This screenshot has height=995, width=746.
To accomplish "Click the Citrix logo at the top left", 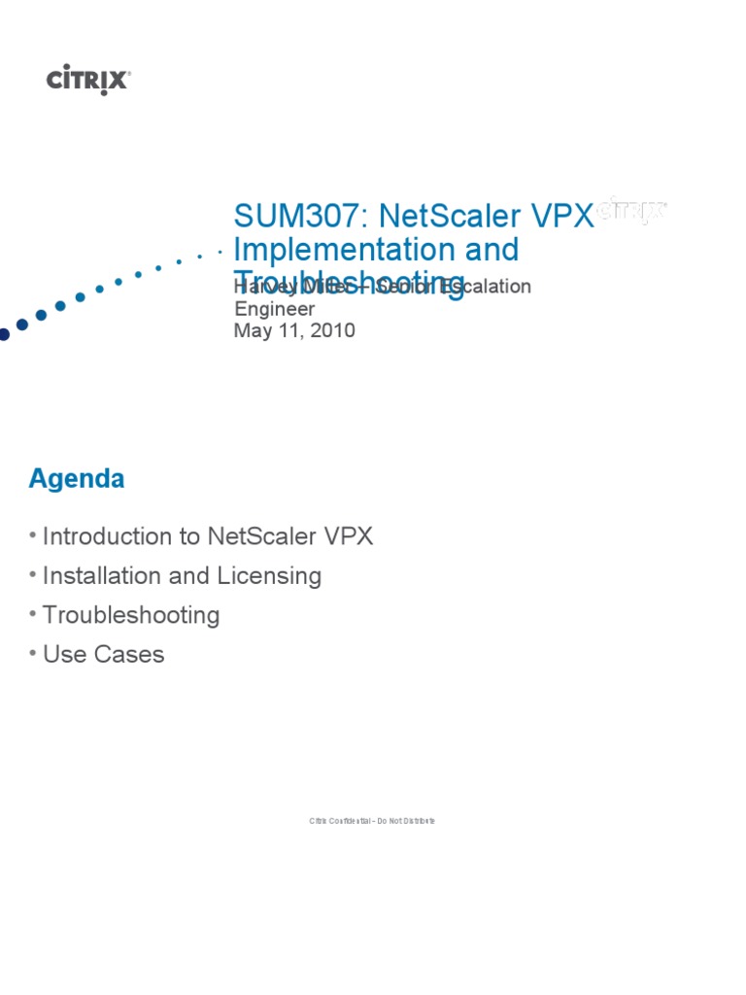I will click(88, 81).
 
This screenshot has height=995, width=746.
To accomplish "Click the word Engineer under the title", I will click(276, 309).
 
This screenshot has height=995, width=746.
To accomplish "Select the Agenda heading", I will click(77, 479).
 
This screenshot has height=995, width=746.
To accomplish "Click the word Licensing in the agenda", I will click(270, 576).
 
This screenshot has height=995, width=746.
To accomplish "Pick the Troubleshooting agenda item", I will click(131, 615).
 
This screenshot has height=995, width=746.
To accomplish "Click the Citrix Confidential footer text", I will click(372, 821).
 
